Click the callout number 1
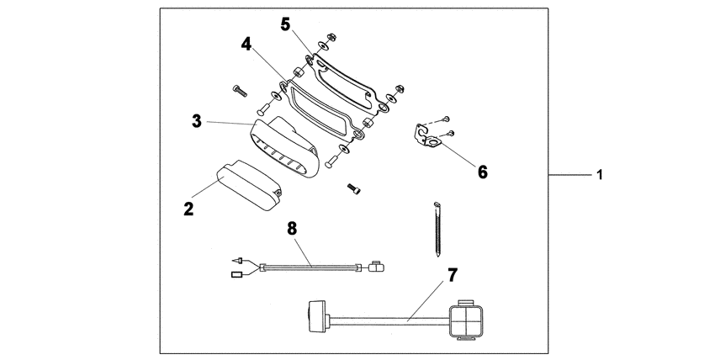pos(599,175)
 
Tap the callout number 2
pos(190,207)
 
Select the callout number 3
pos(195,122)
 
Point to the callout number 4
pos(246,43)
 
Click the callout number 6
pos(482,172)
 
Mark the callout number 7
pos(452,275)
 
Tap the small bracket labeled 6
pos(428,137)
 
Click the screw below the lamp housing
pos(354,189)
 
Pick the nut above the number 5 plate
pos(331,36)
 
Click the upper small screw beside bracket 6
pos(447,118)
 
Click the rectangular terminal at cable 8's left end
pos(236,273)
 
